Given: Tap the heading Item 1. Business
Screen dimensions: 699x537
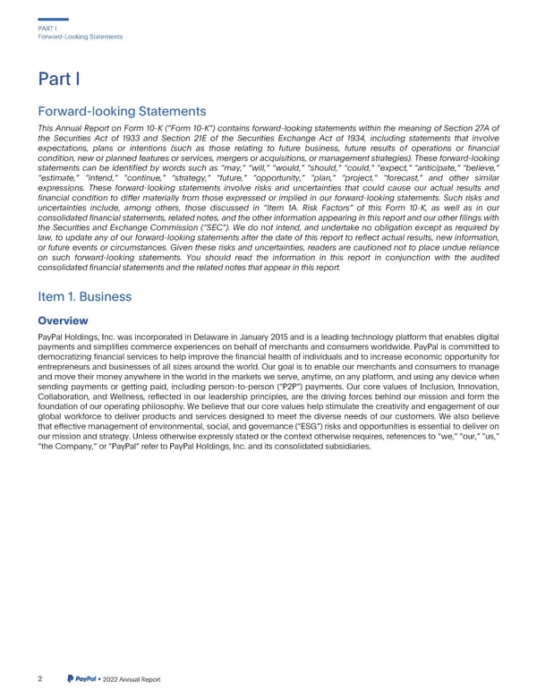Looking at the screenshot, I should click(86, 296).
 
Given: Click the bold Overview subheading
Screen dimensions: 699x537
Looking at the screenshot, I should click(63, 320).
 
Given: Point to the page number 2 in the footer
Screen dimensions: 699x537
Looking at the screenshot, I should click(40, 678).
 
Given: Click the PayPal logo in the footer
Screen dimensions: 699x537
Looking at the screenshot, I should click(85, 678).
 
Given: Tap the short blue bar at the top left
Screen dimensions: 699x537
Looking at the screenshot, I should click(54, 20).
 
